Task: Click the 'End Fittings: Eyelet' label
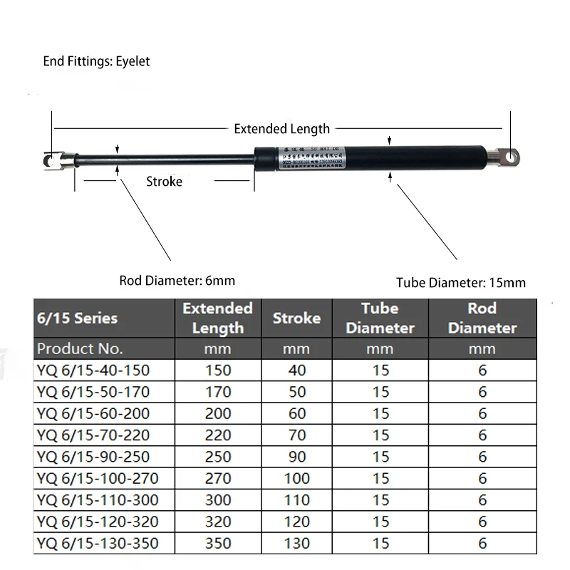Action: [x=96, y=61]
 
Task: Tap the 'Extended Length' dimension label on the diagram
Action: [x=281, y=129]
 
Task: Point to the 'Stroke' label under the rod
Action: [x=164, y=181]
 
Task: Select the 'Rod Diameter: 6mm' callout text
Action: [x=177, y=280]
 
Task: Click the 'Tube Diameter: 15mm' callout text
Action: [x=461, y=283]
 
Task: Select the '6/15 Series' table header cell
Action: [x=77, y=318]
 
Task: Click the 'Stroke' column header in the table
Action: [x=296, y=318]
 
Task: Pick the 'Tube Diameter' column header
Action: [x=380, y=318]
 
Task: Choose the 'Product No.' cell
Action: [x=80, y=349]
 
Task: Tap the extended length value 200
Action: [x=218, y=413]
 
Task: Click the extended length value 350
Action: [x=218, y=544]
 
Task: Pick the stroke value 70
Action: [x=296, y=435]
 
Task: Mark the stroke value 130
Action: [x=296, y=544]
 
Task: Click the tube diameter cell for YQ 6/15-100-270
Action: [x=380, y=478]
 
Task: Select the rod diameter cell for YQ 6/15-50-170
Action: [x=482, y=392]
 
